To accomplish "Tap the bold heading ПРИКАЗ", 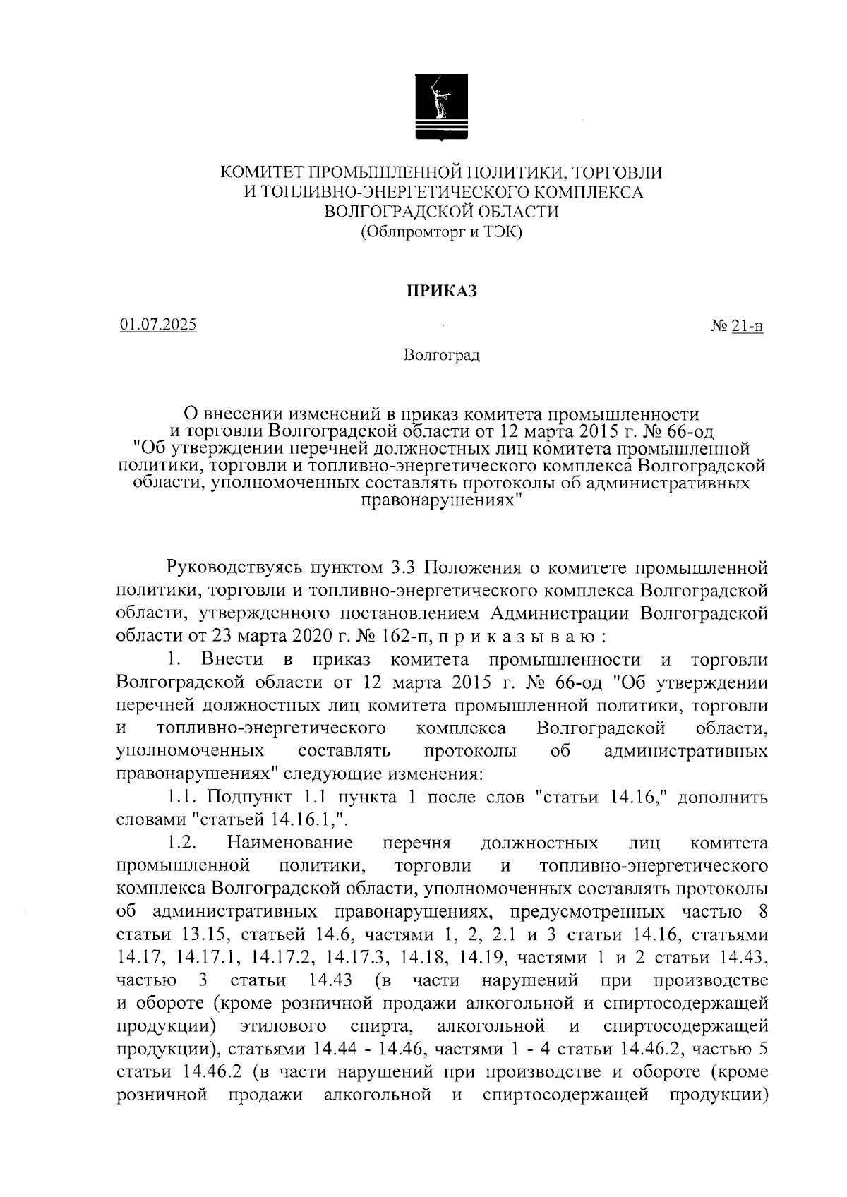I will pos(441,291).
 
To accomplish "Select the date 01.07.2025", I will pos(158,325).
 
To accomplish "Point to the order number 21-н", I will pos(747,326).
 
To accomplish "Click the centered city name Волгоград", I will pos(442,355).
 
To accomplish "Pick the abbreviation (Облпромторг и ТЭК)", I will pos(441,231).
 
